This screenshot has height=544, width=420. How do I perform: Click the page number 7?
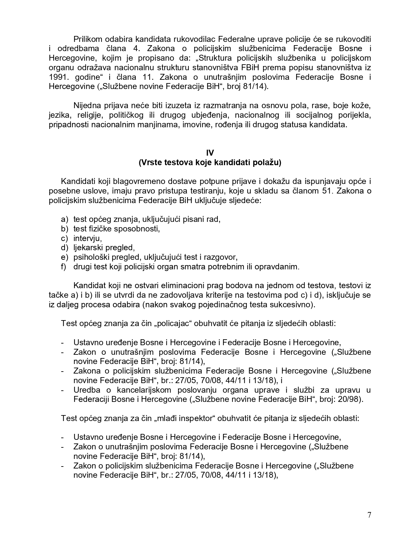[x=369, y=515]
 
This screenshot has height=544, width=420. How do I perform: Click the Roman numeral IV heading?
[x=210, y=153]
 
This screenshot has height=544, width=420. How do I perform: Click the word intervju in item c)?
[x=87, y=238]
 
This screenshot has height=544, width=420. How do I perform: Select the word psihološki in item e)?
[x=89, y=257]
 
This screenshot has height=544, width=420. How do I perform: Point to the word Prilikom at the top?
[x=86, y=39]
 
